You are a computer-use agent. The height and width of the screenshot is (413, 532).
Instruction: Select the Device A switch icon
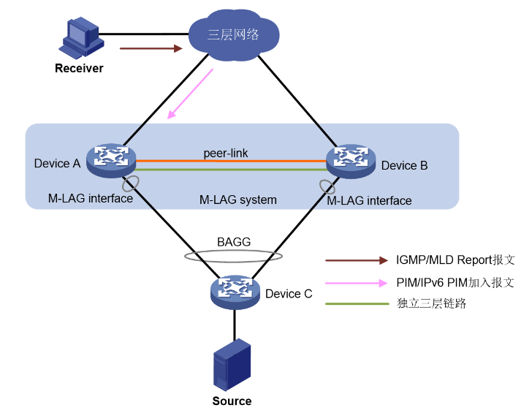110,159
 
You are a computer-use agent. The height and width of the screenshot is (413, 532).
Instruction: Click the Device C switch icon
235,291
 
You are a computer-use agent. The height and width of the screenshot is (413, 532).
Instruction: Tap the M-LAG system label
237,200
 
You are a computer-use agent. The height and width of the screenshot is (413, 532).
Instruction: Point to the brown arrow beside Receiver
151,49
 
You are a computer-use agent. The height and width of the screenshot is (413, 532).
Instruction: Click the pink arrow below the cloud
190,94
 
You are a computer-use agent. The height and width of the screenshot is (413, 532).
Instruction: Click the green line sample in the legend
357,303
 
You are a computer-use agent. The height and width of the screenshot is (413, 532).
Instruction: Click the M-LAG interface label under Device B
369,200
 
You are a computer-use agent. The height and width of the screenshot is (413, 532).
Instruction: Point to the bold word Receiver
79,69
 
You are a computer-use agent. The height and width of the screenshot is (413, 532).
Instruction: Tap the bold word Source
232,401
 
